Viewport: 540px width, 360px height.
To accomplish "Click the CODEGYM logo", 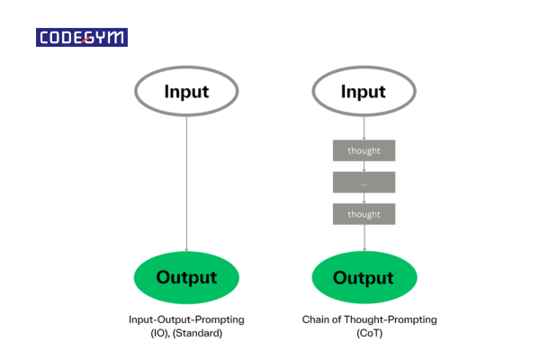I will pos(82,38).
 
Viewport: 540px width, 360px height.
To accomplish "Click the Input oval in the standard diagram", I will pos(186,92).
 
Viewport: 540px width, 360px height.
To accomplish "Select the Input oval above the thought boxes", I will pos(364,92).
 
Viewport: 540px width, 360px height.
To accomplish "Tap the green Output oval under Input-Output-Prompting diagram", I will pos(186,277).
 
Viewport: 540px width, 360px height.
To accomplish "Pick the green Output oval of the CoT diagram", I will pos(364,277).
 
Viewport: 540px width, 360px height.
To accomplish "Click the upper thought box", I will pos(364,150).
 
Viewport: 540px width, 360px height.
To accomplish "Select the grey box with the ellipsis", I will pos(364,182).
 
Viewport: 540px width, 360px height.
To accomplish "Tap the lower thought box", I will pos(364,214).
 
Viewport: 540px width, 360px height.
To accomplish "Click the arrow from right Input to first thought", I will pos(364,128).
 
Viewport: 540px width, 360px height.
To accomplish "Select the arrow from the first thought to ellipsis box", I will pos(364,166).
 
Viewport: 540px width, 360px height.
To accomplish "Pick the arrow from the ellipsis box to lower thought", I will pos(364,198).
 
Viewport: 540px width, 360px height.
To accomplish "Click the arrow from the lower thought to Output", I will pos(364,238).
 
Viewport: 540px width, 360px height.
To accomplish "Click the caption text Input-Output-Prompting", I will pos(186,319).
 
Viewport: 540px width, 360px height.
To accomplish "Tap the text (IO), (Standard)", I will pos(186,332).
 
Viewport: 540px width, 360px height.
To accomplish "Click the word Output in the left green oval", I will pos(186,277).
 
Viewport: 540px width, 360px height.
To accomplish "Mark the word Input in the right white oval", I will pos(364,92).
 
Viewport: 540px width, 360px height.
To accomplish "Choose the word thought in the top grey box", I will pos(364,150).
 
